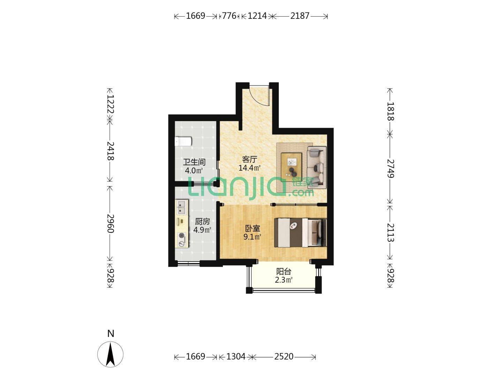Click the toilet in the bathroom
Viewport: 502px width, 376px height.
[x=183, y=141]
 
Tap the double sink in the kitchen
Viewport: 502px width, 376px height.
[x=182, y=207]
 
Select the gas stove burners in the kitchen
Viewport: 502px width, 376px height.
[x=182, y=240]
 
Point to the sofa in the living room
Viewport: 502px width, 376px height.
[x=316, y=167]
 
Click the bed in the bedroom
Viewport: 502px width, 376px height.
[x=300, y=233]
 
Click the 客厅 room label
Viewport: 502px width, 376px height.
[x=250, y=159]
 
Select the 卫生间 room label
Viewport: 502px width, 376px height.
[x=194, y=162]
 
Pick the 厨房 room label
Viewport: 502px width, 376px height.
[x=202, y=221]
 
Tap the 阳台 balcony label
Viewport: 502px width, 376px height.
[x=283, y=272]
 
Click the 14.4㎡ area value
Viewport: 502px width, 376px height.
[x=250, y=168]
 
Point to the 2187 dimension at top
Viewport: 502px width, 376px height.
[x=299, y=16]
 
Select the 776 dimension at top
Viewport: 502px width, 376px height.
[x=229, y=16]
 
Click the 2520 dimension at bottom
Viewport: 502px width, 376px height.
[x=283, y=357]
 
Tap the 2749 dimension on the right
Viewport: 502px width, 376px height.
[x=390, y=169]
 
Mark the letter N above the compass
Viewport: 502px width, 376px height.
[x=111, y=334]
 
